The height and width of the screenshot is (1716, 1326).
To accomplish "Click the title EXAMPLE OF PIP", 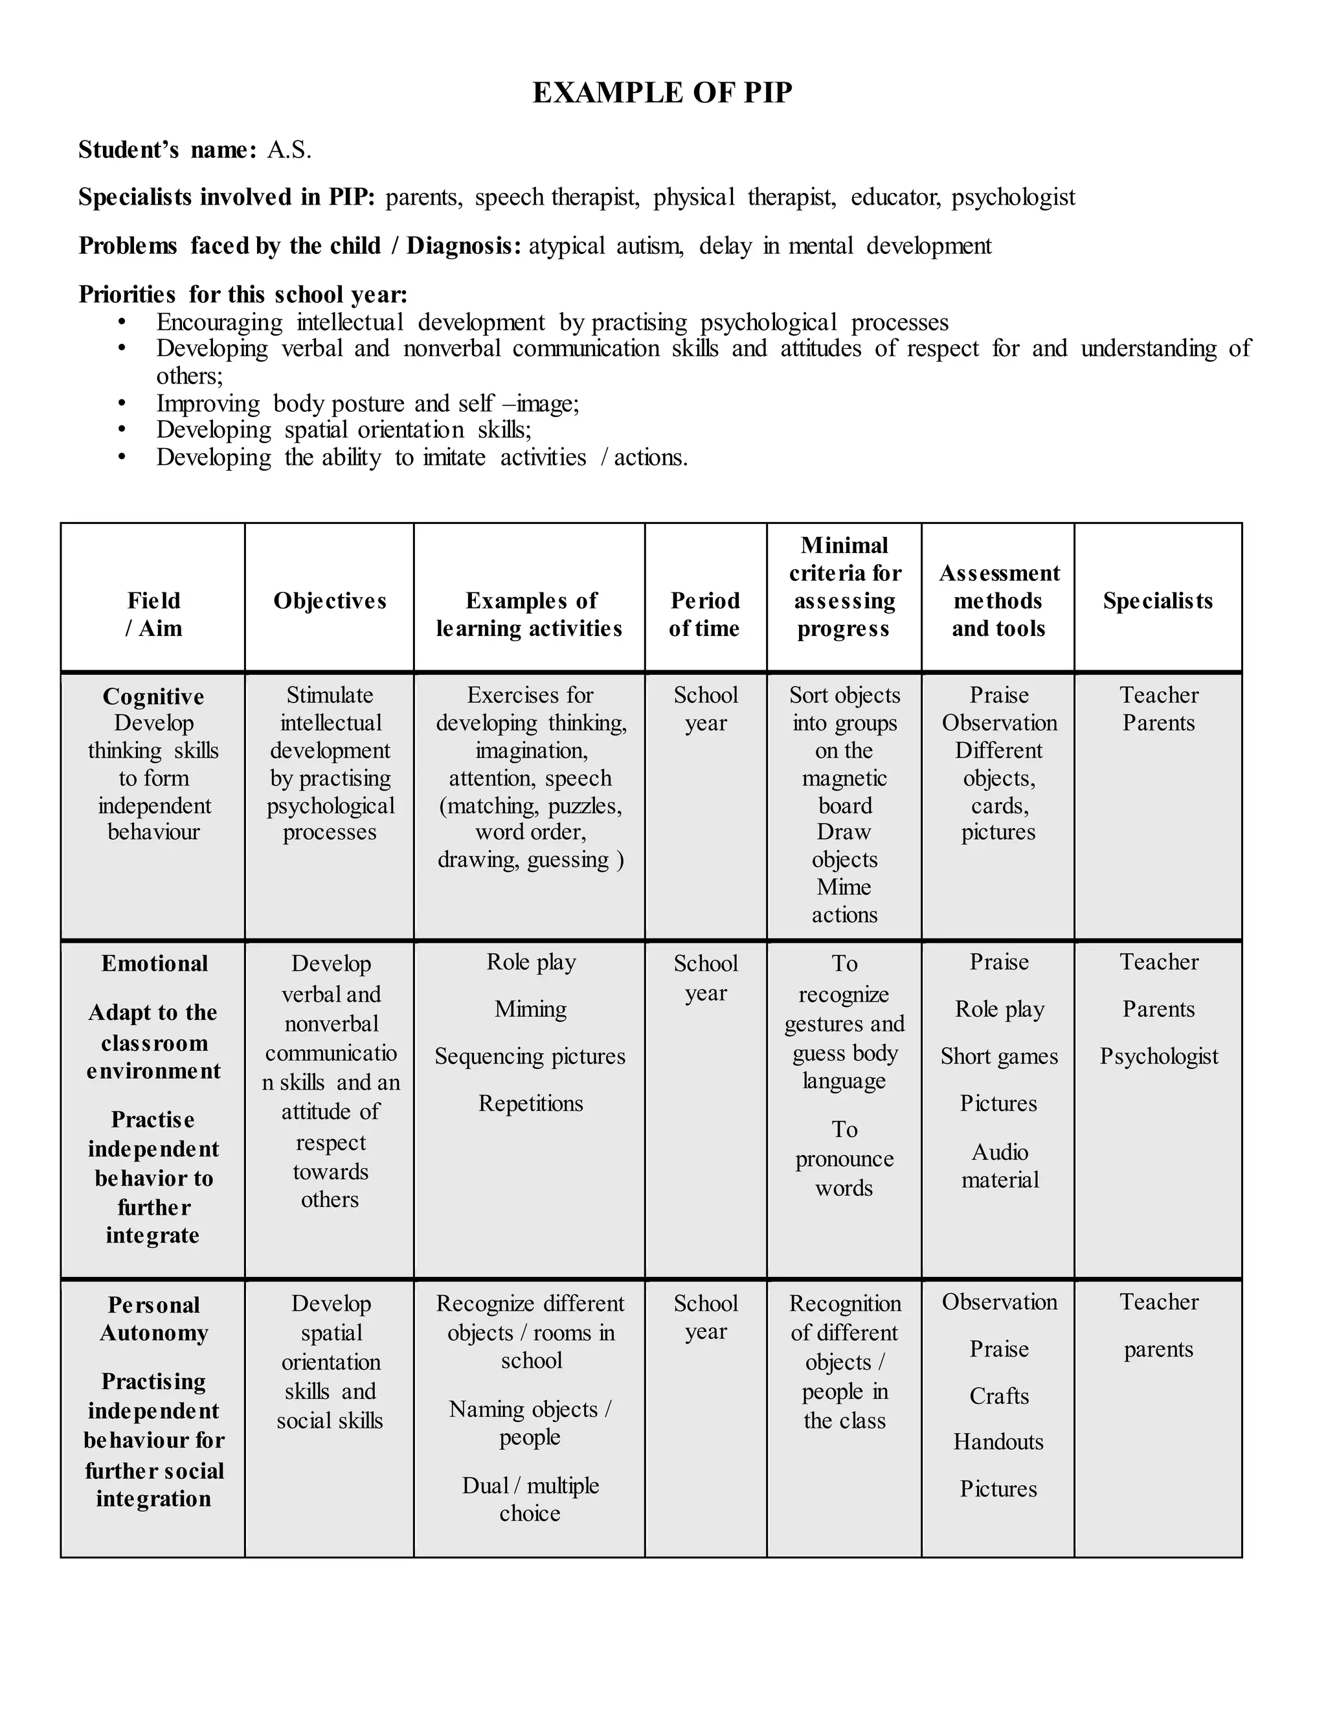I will [x=662, y=93].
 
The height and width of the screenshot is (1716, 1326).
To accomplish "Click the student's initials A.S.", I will [x=289, y=150].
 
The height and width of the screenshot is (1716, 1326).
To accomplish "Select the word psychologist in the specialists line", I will [x=1013, y=198].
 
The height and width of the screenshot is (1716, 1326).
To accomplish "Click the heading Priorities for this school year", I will [x=243, y=295].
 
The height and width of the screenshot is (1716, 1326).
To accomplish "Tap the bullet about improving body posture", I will [x=367, y=404].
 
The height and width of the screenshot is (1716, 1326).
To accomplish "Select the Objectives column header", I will [x=330, y=601].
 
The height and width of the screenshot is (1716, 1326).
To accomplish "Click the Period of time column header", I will [x=704, y=615].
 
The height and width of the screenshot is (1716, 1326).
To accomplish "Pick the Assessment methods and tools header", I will [x=998, y=601].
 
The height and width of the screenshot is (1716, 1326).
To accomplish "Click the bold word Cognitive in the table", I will [x=153, y=697].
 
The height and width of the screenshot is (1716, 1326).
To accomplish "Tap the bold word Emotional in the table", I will [x=154, y=964].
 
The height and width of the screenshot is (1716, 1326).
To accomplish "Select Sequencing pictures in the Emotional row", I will [x=530, y=1057].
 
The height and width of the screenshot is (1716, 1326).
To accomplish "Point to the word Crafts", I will [x=998, y=1396].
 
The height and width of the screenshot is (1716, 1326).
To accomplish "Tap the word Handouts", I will [x=998, y=1442].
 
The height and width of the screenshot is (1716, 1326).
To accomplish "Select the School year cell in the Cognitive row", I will [x=706, y=708].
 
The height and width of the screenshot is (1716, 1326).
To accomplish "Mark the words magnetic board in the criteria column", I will [x=844, y=792].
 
